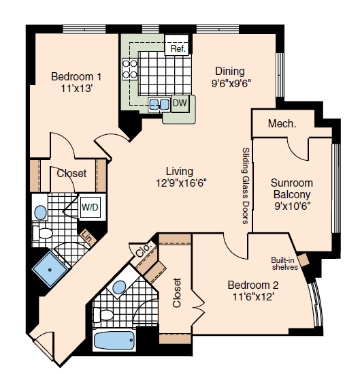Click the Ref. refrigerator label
coord(178,48)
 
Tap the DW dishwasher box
coord(180,104)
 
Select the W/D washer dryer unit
coord(90,207)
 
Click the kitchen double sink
coord(159,104)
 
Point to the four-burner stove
coord(130,69)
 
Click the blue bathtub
coord(114,341)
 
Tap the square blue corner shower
coord(50,270)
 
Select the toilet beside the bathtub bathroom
coord(103,315)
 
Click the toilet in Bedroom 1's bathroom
coord(42,233)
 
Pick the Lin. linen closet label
coord(88,237)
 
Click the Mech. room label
coord(282,123)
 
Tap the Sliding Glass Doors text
coord(246,186)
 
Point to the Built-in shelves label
coord(284,264)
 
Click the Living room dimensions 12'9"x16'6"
coord(181,183)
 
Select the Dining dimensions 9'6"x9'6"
coord(231,84)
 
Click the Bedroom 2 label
coord(253,285)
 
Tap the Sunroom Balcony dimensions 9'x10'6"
coord(293,206)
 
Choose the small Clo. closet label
coord(144,249)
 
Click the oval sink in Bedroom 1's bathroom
coord(41,213)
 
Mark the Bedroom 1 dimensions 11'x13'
coord(76,89)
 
